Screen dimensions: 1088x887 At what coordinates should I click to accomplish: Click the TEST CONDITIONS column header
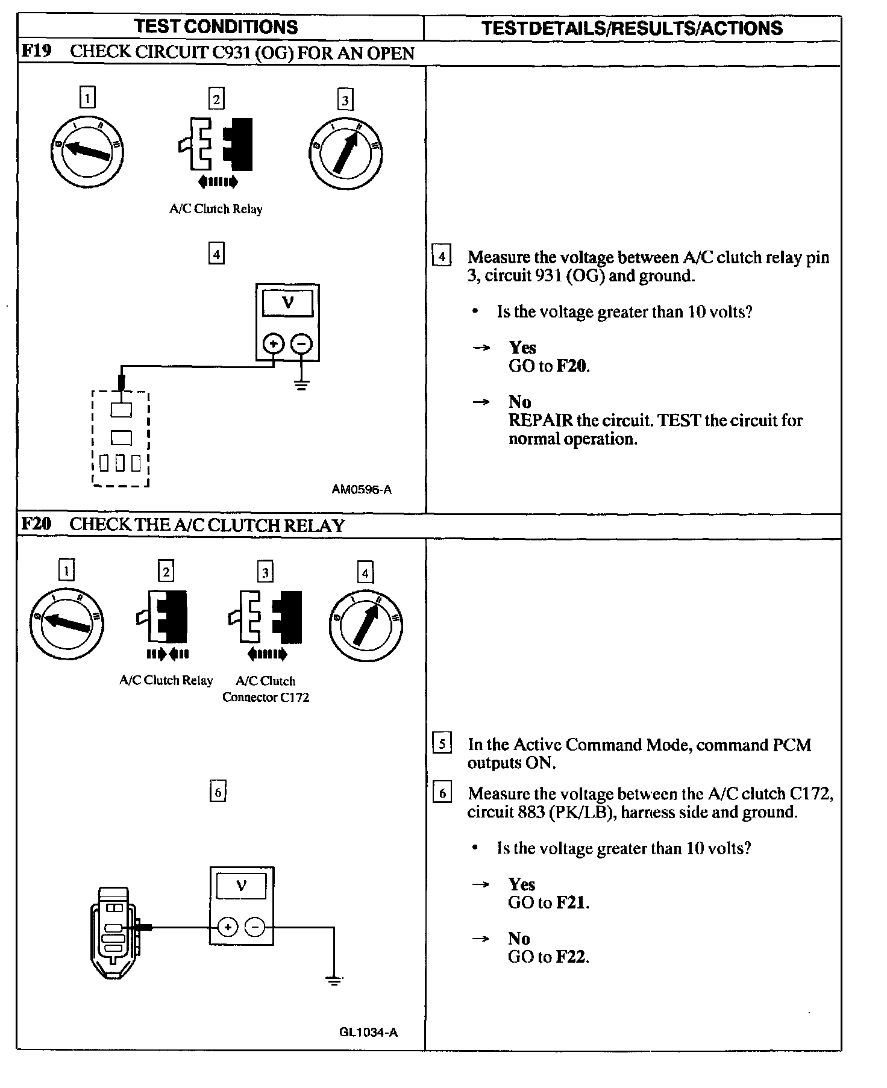click(x=216, y=27)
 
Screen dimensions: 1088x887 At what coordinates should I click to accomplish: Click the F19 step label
click(x=36, y=51)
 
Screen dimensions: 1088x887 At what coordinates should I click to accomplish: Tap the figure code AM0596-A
click(x=362, y=489)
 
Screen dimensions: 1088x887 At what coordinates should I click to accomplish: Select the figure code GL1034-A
click(x=368, y=1032)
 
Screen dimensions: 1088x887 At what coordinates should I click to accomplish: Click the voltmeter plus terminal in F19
click(x=274, y=344)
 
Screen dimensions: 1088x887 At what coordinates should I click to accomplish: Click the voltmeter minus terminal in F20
click(x=255, y=927)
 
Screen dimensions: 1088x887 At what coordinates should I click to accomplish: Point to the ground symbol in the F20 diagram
click(x=334, y=981)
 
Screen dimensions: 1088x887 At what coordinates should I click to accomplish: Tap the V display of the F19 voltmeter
click(x=287, y=303)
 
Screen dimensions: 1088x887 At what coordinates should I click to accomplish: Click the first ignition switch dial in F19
click(x=87, y=151)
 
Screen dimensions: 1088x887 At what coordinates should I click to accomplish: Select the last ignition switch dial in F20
click(x=366, y=624)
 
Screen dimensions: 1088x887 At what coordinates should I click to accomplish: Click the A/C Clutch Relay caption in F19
click(x=216, y=209)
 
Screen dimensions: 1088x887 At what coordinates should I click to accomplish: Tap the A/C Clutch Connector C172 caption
click(x=266, y=689)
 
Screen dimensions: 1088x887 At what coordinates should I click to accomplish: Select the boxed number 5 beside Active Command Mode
click(x=442, y=744)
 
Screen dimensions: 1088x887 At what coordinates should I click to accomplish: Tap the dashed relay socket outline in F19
click(x=121, y=439)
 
